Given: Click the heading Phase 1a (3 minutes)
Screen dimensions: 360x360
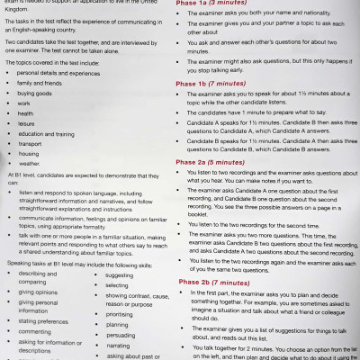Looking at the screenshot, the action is coord(224,7).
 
